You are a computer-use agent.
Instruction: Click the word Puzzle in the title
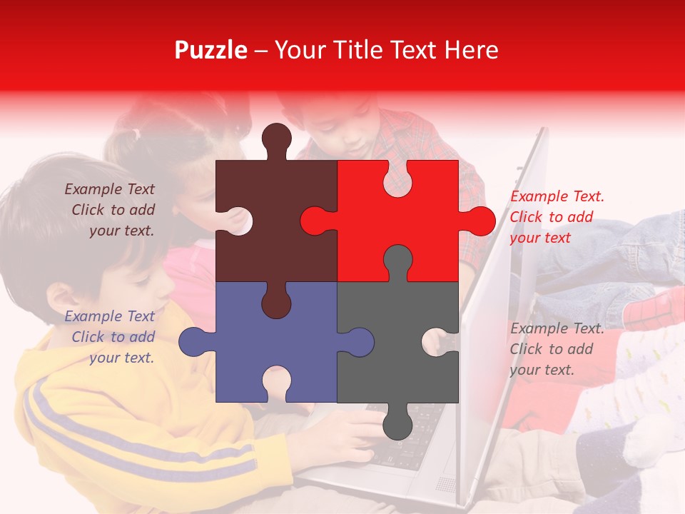point(211,50)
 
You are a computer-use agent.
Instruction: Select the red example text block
point(557,217)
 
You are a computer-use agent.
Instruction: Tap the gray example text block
point(557,349)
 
